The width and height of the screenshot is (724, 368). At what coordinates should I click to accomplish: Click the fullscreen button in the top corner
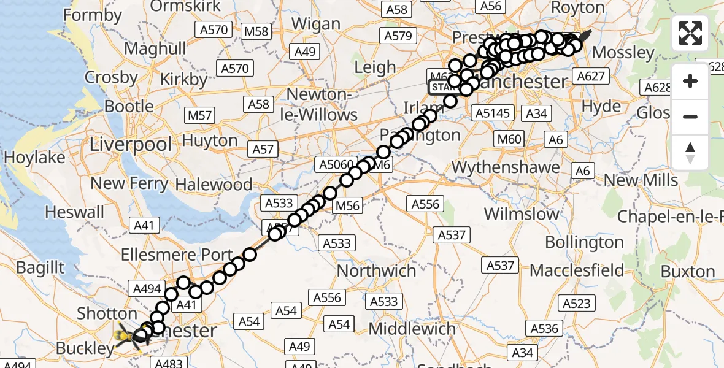point(690,33)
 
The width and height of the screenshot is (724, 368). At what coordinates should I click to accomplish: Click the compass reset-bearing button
point(690,153)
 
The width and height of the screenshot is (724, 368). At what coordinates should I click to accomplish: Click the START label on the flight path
point(442,87)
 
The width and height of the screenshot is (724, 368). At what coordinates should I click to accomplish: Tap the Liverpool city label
point(131,145)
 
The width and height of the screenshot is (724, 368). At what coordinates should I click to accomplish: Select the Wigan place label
point(315,24)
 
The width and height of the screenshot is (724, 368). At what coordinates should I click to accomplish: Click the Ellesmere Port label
point(177,255)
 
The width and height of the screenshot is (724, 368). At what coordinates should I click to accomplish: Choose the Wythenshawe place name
point(506,167)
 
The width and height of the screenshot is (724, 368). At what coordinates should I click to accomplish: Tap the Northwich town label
point(377,270)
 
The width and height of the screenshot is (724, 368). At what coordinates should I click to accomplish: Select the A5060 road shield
point(336,164)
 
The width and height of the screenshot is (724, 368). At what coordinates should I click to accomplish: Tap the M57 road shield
point(200,115)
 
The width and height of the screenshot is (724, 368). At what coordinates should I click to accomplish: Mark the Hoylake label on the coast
point(34,158)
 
